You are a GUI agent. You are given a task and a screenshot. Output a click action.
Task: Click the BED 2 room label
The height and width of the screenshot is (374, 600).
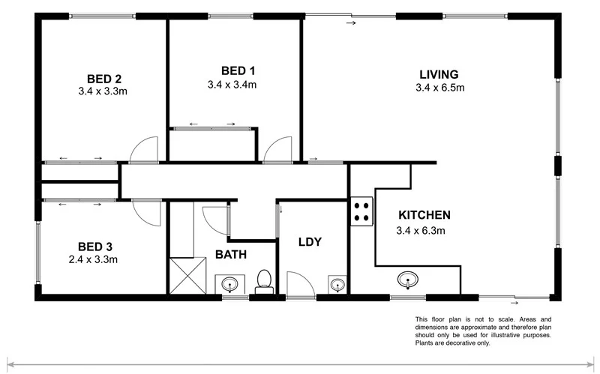click(103, 78)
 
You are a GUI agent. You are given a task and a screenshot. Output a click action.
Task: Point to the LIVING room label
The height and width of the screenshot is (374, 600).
click(439, 73)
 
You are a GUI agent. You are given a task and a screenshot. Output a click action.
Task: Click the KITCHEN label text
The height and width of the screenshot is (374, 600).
click(423, 214)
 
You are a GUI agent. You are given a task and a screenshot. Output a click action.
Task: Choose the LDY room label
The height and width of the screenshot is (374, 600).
click(310, 241)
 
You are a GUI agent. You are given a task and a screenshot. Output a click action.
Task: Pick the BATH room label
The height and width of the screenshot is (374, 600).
click(231, 255)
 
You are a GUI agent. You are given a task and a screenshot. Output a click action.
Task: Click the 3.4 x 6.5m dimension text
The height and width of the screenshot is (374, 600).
click(439, 88)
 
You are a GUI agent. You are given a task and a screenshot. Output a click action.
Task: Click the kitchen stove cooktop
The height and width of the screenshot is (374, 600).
click(361, 211)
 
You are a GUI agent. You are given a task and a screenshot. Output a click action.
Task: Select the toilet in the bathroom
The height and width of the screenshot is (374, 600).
click(263, 280)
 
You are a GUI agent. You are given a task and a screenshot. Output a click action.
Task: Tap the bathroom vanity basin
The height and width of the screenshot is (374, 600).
click(229, 283)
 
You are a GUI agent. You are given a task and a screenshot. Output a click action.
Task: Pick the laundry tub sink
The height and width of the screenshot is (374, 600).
click(337, 284)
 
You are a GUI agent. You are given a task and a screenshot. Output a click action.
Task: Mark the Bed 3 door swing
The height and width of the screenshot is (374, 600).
click(146, 212)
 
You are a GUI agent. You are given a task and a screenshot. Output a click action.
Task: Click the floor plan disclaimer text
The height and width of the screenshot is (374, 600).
click(483, 331)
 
